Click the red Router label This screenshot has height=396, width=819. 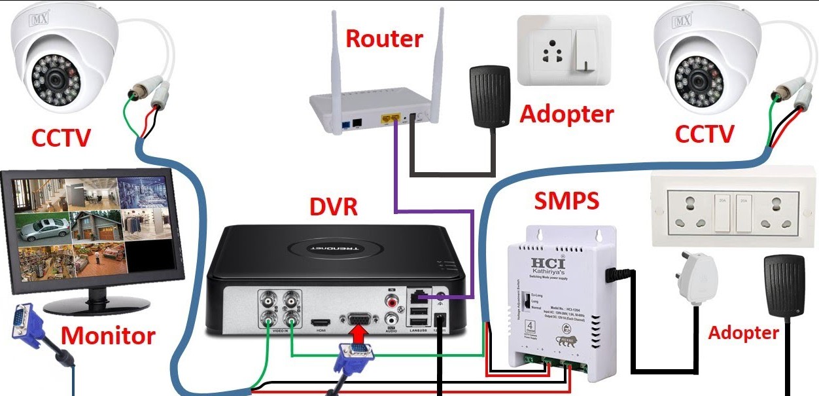(x=384, y=39)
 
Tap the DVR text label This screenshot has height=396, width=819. (x=333, y=207)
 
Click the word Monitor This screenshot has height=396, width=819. (x=108, y=336)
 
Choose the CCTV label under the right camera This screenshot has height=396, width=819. (x=705, y=135)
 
